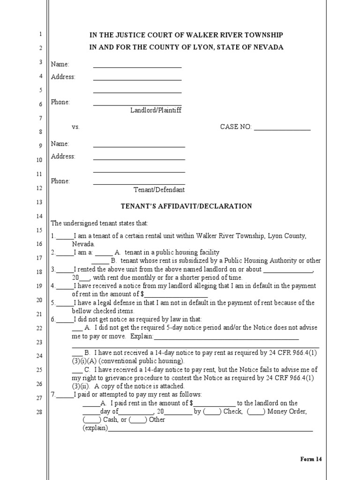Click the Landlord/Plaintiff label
tap(156, 110)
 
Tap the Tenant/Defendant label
tap(159, 190)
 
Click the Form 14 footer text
tap(311, 459)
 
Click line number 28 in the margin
tap(40, 412)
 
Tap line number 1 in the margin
tap(40, 34)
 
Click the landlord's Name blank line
tap(137, 67)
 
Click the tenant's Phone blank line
tap(139, 184)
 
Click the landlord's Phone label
tap(60, 102)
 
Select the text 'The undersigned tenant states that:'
tap(99, 223)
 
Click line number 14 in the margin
tap(40, 216)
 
